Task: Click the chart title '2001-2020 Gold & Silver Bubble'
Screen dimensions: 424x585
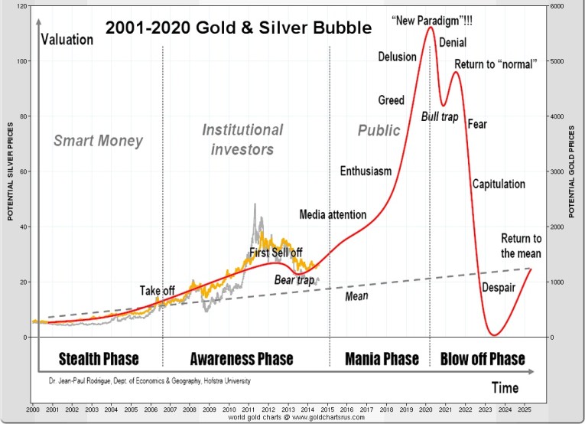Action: click(238, 28)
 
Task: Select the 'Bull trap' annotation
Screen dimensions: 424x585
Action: click(440, 116)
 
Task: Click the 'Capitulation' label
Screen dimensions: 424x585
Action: click(499, 184)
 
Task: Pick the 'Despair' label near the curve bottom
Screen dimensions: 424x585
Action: click(498, 288)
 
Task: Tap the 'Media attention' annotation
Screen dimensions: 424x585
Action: click(333, 214)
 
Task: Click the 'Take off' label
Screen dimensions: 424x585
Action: click(158, 291)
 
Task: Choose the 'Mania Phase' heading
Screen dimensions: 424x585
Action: click(382, 359)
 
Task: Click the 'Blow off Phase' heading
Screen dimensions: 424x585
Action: click(483, 359)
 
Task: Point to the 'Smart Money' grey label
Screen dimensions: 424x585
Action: click(98, 141)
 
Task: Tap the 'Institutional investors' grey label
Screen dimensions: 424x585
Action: click(242, 139)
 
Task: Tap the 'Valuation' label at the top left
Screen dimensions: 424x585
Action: click(67, 40)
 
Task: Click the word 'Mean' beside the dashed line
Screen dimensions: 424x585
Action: click(353, 295)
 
